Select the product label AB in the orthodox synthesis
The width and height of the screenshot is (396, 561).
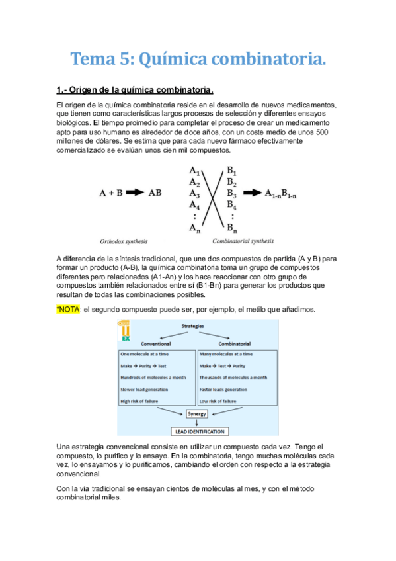click(155, 193)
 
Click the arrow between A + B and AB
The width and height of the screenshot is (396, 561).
click(134, 193)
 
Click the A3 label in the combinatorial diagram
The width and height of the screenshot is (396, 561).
click(194, 193)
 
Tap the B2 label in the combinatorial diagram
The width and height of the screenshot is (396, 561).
click(231, 181)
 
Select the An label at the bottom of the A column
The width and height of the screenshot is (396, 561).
click(194, 228)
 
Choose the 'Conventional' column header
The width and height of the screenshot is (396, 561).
click(156, 344)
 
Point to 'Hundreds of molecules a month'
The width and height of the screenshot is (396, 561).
click(153, 378)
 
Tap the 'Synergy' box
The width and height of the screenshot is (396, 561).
click(196, 414)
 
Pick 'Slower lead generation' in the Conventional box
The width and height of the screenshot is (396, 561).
click(146, 390)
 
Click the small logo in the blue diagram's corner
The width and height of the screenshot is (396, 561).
click(123, 331)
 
